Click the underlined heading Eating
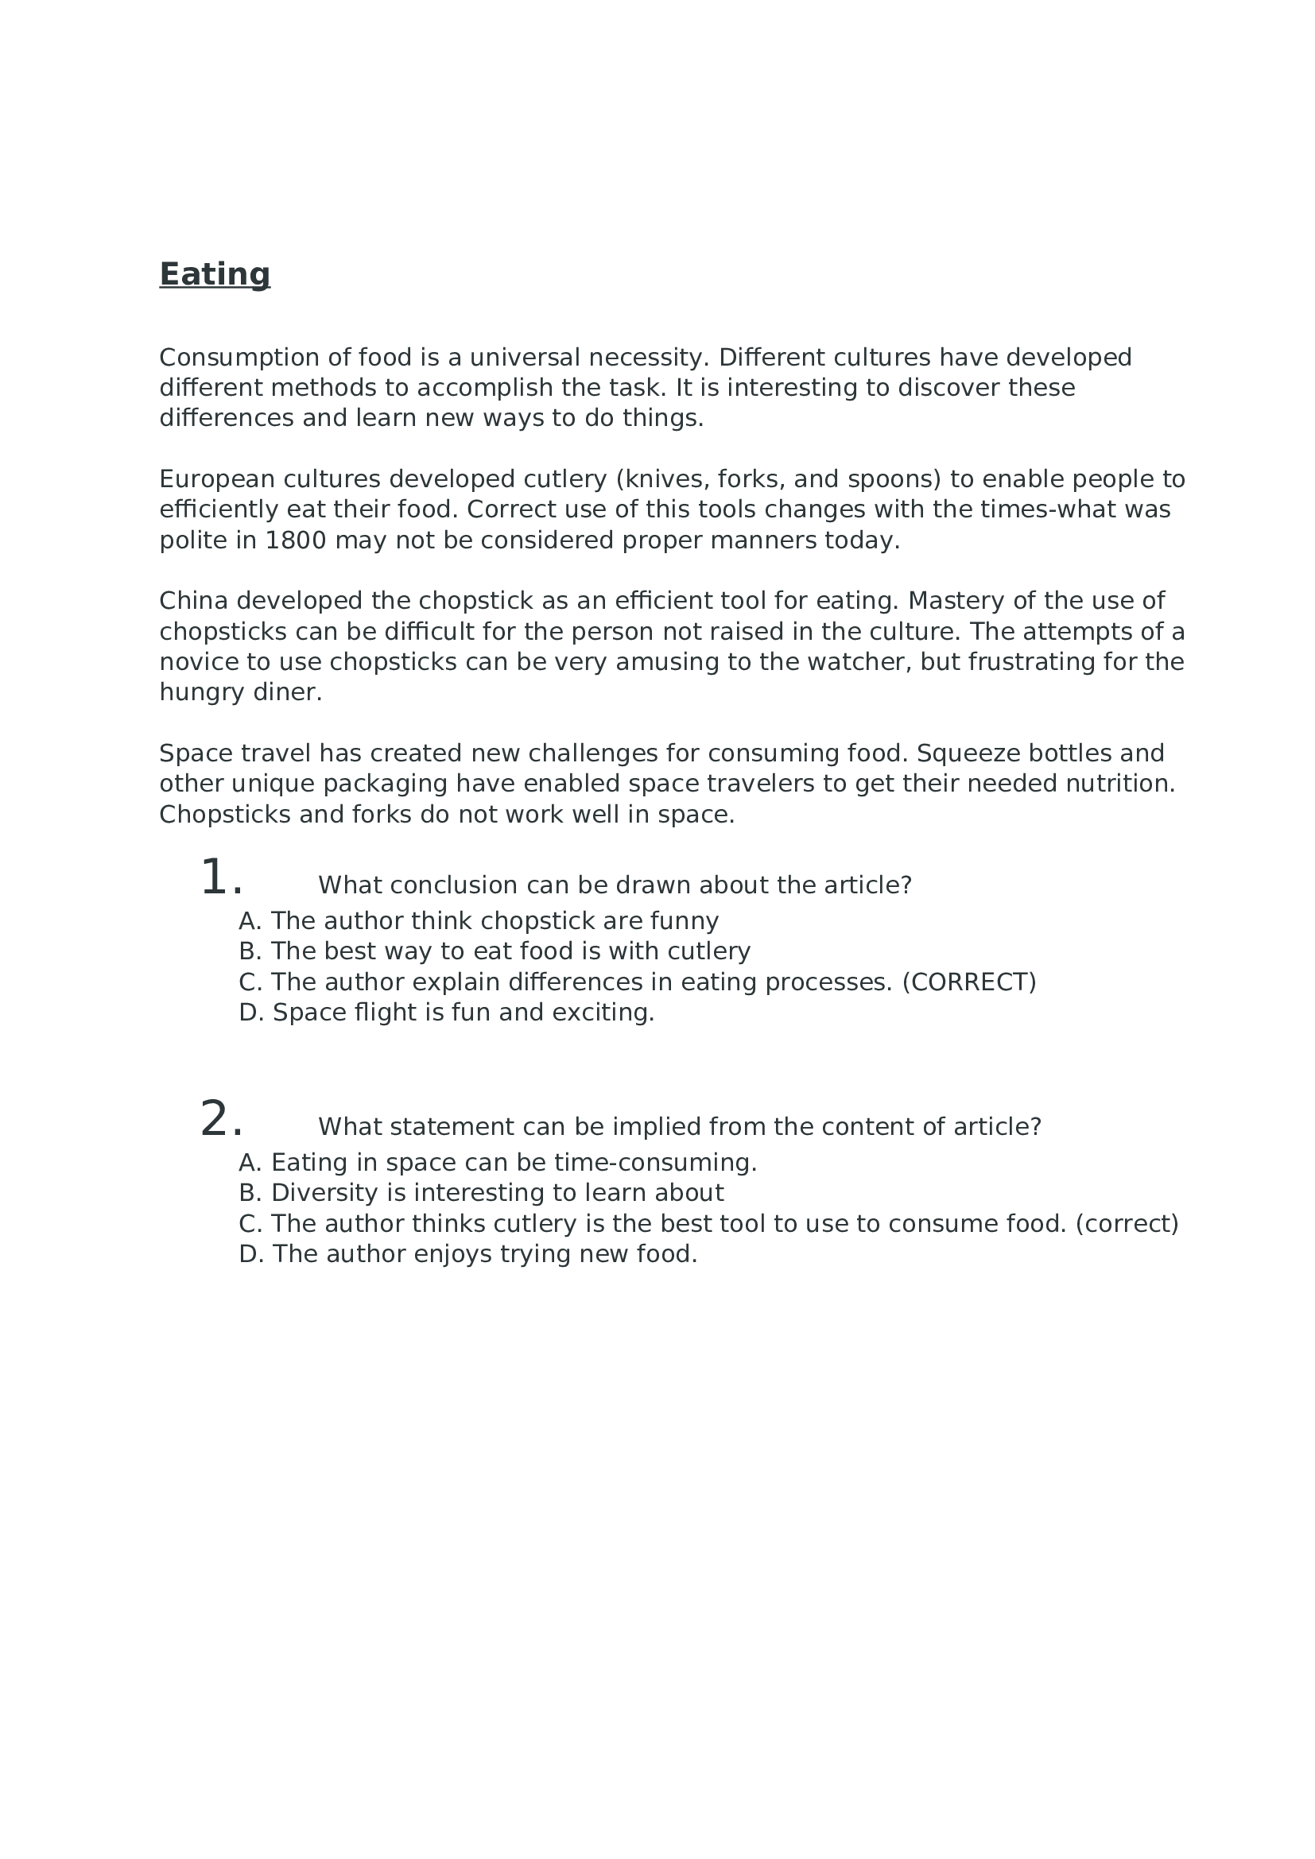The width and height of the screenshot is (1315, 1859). click(215, 274)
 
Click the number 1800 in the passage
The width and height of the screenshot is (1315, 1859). click(296, 540)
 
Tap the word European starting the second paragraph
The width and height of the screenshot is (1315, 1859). click(217, 479)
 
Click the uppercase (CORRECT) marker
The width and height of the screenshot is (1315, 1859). click(968, 982)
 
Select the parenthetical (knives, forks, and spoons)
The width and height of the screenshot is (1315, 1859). click(778, 479)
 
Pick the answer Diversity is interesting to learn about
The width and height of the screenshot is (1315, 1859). click(495, 1194)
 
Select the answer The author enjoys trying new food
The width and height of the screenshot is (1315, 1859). click(483, 1254)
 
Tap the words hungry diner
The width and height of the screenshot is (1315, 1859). click(239, 692)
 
